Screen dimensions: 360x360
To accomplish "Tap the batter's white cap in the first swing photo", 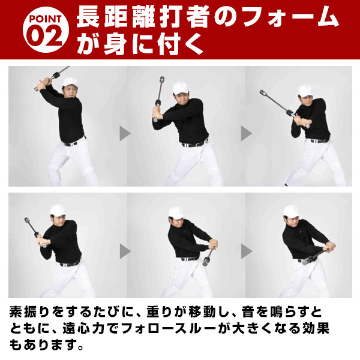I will click(68, 82).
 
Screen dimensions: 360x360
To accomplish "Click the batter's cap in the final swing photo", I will click(292, 211).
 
